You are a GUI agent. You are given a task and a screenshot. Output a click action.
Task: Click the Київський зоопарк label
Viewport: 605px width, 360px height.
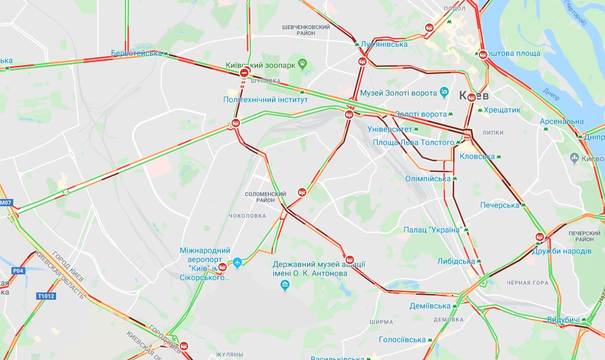(x=261, y=65)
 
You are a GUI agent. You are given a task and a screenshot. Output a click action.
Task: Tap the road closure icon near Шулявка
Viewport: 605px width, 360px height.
(x=244, y=73)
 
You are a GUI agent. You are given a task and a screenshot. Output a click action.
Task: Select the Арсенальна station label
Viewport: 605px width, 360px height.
(x=562, y=122)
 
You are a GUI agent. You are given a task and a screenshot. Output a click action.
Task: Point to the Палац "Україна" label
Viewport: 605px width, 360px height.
(x=432, y=230)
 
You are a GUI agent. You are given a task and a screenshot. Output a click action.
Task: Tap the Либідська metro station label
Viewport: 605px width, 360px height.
(x=456, y=261)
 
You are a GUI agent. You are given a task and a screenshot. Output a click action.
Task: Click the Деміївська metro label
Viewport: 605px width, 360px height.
(x=431, y=306)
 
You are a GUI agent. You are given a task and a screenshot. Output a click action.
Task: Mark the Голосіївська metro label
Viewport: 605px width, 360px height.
(x=402, y=339)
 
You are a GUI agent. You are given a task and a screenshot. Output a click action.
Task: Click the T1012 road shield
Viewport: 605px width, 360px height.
(x=45, y=296)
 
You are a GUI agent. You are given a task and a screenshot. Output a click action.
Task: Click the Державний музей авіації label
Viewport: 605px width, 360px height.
(x=319, y=268)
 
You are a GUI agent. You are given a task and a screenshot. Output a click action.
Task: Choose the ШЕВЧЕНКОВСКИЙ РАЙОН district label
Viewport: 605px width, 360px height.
(x=306, y=31)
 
